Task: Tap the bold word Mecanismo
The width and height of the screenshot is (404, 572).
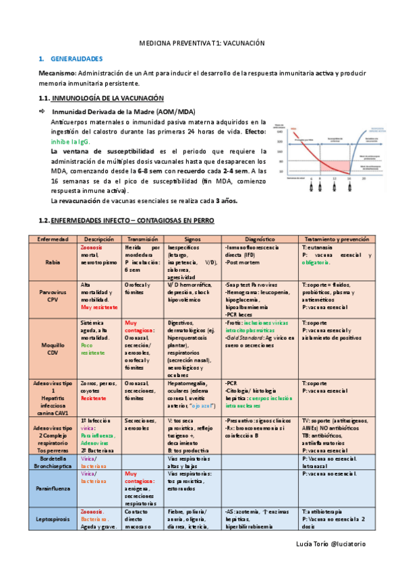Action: tap(57, 73)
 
